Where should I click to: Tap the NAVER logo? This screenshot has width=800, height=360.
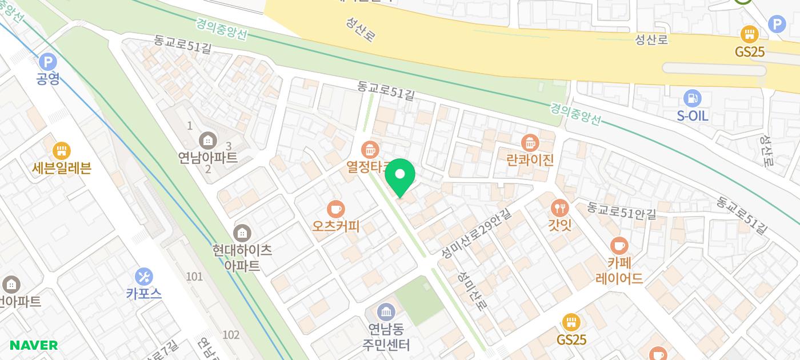point(34,345)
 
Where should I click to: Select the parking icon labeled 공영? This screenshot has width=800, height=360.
point(48,61)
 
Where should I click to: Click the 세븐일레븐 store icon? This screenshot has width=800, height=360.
point(61,151)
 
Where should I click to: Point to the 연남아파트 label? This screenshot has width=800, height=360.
point(207,157)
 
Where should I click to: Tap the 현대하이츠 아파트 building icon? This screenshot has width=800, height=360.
point(242,233)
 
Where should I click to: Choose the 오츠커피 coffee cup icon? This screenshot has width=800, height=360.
point(335,209)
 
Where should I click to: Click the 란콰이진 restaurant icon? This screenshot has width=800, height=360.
point(530,142)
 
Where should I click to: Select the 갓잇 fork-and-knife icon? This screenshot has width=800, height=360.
point(559,208)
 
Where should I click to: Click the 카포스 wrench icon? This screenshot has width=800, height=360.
point(144,277)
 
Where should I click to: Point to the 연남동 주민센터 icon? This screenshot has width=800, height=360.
point(386,312)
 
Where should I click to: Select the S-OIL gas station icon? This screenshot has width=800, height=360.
point(692,98)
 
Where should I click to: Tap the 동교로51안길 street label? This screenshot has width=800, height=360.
point(621,211)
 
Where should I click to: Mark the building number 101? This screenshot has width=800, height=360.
point(194,277)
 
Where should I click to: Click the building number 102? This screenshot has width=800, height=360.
point(231,335)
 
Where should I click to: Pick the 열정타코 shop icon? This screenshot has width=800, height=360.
point(370,150)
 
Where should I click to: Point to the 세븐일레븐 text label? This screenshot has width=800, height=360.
point(62,168)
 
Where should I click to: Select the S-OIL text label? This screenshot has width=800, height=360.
point(692,116)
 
